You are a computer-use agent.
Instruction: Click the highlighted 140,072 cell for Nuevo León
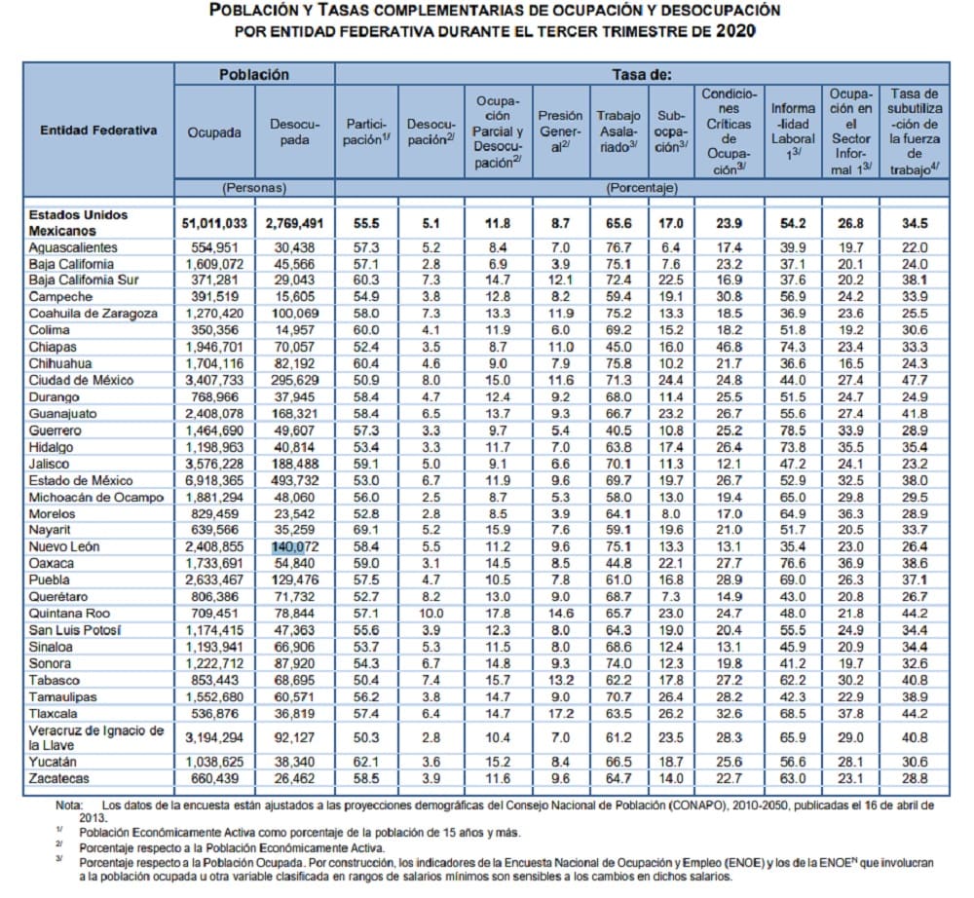tap(294, 547)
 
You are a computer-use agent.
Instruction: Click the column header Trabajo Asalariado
tap(618, 131)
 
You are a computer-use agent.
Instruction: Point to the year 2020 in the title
tap(734, 30)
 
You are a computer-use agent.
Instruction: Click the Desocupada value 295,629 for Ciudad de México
tap(294, 380)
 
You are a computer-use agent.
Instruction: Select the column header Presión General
tap(561, 131)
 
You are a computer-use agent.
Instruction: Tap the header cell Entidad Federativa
tap(98, 131)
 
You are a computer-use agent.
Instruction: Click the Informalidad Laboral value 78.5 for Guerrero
tap(793, 430)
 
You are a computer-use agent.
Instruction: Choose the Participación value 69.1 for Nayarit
tap(367, 531)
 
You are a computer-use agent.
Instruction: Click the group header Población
tap(253, 74)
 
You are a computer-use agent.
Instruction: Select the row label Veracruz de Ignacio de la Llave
tap(95, 737)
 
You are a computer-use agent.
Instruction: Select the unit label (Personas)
tap(253, 186)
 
